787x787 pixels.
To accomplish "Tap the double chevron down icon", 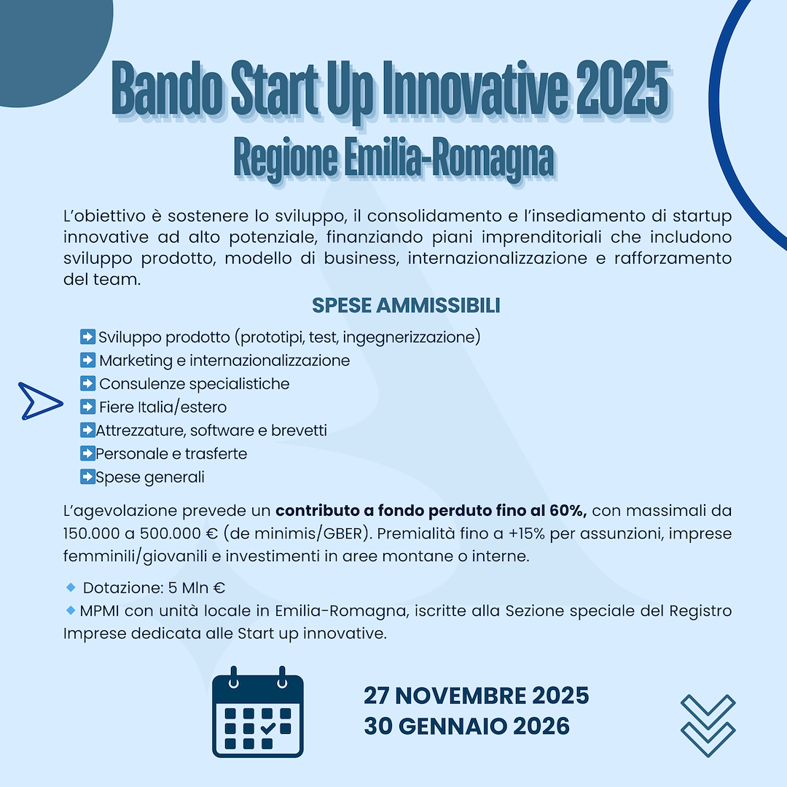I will (x=707, y=725).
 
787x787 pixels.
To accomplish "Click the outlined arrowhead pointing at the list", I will (x=41, y=401).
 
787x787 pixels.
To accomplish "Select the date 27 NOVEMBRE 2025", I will (x=476, y=695).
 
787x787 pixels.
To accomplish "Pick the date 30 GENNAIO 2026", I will (x=466, y=727).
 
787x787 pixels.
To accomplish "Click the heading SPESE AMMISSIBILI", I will (x=406, y=305).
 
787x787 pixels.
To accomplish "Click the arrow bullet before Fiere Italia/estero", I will (x=87, y=407).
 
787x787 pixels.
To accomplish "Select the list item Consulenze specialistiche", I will (x=194, y=383).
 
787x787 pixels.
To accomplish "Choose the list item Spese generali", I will (x=150, y=477).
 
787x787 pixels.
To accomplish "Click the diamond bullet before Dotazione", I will (x=71, y=587).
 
